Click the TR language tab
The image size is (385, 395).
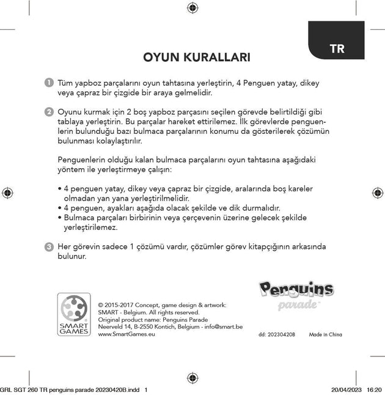pos(337,50)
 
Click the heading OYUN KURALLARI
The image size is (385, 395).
pos(196,58)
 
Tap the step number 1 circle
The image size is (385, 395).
pos(48,83)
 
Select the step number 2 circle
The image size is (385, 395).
pos(48,113)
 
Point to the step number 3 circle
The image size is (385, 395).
pos(48,246)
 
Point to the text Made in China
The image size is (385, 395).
pos(325,335)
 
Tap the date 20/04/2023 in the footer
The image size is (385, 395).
pos(346,389)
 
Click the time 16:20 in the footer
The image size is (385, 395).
pos(375,389)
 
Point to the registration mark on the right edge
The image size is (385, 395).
pos(377,193)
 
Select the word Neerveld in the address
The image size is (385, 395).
pos(110,328)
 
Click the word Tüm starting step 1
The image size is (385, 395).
pos(64,83)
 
